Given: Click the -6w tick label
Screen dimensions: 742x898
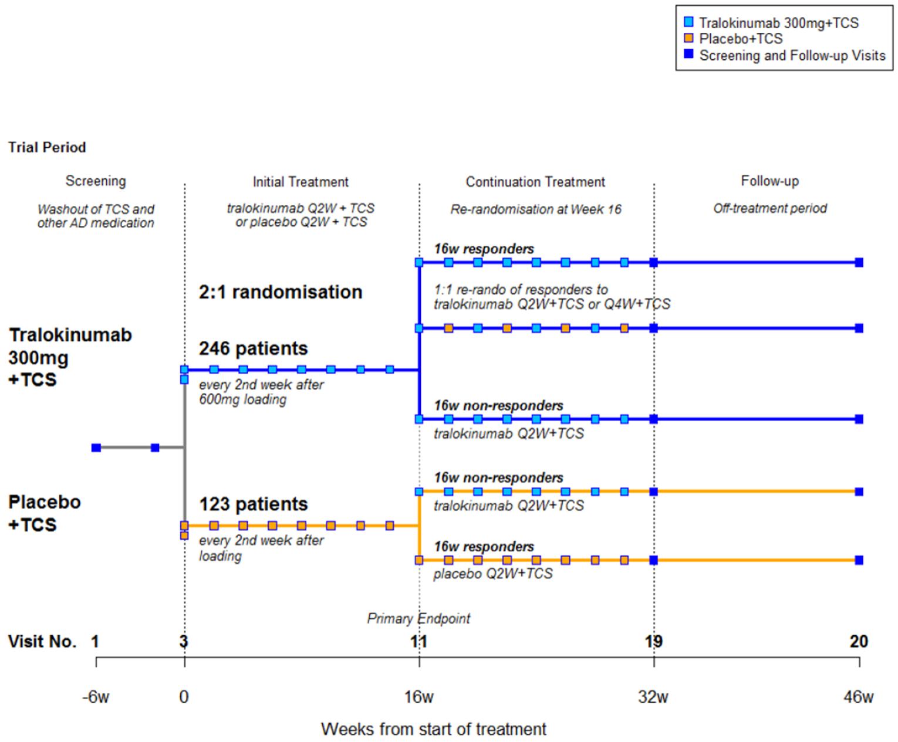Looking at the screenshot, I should point(96,697).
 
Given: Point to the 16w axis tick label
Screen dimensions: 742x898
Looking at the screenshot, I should point(418,697).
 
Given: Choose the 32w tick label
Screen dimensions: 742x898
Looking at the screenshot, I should point(653,697).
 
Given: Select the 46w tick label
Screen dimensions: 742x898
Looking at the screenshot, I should point(858,697).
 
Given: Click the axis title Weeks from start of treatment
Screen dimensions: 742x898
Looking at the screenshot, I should point(433,729).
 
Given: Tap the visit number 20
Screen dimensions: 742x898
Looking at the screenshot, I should point(859,641).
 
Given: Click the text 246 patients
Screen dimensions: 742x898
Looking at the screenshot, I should point(253,348).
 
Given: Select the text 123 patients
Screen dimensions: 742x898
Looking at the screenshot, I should point(253,504).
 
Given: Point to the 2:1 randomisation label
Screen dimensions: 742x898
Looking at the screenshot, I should point(280,292).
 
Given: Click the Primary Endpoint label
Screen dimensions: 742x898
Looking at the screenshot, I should point(418,618).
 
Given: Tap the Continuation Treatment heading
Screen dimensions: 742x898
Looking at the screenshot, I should point(535,182).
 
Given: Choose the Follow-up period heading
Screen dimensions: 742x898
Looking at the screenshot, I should point(769,181).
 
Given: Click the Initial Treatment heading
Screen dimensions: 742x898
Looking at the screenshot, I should point(301,182).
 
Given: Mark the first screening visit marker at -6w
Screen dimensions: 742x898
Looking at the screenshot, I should point(96,448).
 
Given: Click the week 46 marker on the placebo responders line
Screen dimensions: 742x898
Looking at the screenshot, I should point(859,560).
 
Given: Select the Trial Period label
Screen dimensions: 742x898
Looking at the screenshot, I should point(47,147).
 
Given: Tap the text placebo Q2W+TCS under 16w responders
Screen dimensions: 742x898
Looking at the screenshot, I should point(493,574).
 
